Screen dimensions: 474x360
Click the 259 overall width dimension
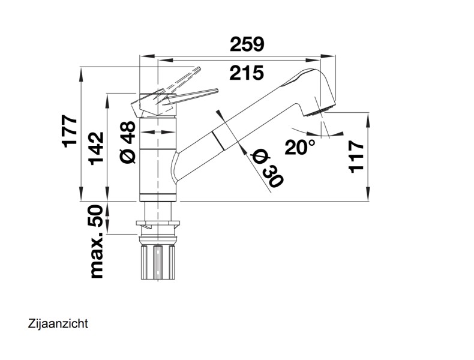tap(247, 44)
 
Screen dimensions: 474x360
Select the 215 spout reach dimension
tap(247, 73)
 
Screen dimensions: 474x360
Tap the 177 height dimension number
tap(70, 131)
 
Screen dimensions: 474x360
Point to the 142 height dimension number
tap(97, 148)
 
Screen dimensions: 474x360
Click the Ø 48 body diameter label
tap(128, 142)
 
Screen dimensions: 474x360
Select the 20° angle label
tap(299, 147)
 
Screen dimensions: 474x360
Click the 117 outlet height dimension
tap(356, 157)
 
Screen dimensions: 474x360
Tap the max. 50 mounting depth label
tap(97, 241)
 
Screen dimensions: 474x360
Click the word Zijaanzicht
tap(58, 324)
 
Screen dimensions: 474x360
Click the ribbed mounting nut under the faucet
tap(157, 262)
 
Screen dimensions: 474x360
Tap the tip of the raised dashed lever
tap(199, 68)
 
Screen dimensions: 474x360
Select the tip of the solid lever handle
tap(217, 91)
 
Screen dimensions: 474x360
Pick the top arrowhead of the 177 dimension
tap(82, 74)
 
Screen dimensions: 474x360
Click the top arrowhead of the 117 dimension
tap(368, 119)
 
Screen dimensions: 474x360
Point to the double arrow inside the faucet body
tap(157, 132)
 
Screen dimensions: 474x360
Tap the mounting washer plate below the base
tap(158, 223)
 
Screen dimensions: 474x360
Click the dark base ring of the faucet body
tap(157, 197)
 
